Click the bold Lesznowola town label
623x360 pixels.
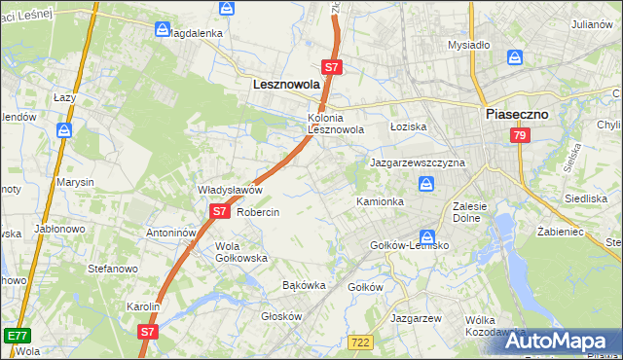click(x=286, y=85)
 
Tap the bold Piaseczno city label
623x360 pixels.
click(x=517, y=114)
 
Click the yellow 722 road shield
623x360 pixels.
click(x=359, y=342)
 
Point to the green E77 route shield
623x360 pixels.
click(x=16, y=336)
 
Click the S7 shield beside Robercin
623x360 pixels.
click(x=219, y=211)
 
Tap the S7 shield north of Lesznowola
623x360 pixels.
click(x=332, y=67)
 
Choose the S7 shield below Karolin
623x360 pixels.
click(x=147, y=331)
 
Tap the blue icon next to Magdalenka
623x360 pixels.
click(x=163, y=30)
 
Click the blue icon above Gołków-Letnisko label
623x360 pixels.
click(x=426, y=236)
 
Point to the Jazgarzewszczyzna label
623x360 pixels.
click(x=417, y=162)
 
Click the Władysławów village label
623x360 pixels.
click(x=231, y=190)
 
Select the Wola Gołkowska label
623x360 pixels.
click(x=240, y=252)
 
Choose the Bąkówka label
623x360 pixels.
click(x=303, y=286)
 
